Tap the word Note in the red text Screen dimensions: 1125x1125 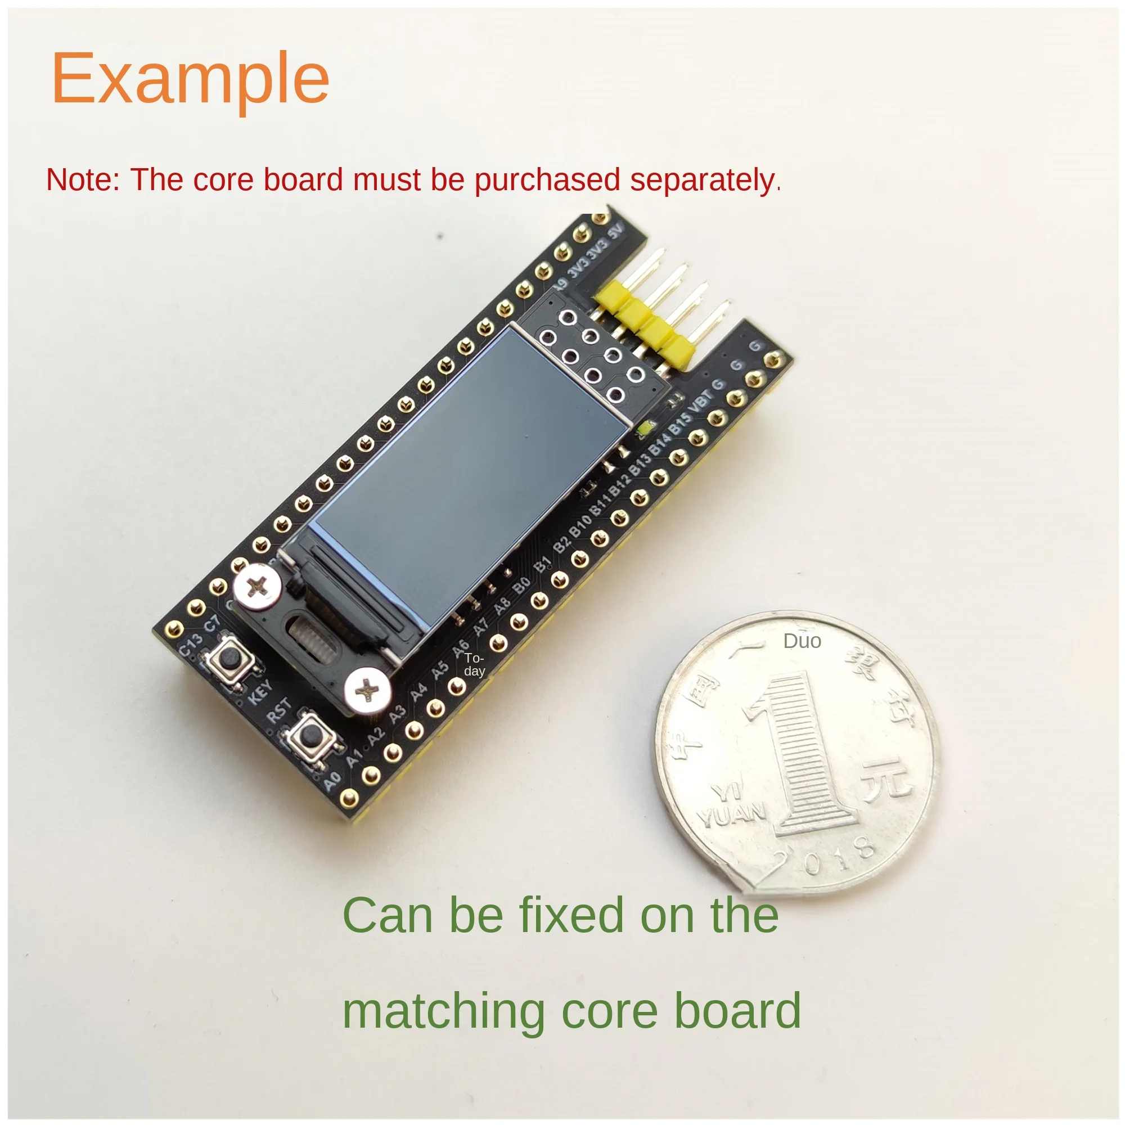pyautogui.click(x=82, y=179)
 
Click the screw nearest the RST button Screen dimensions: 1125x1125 pyautogui.click(x=367, y=691)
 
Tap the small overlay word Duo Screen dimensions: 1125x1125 pyautogui.click(x=802, y=641)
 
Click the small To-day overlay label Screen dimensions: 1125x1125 pyautogui.click(x=474, y=664)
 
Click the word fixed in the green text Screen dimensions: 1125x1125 pyautogui.click(x=574, y=916)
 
